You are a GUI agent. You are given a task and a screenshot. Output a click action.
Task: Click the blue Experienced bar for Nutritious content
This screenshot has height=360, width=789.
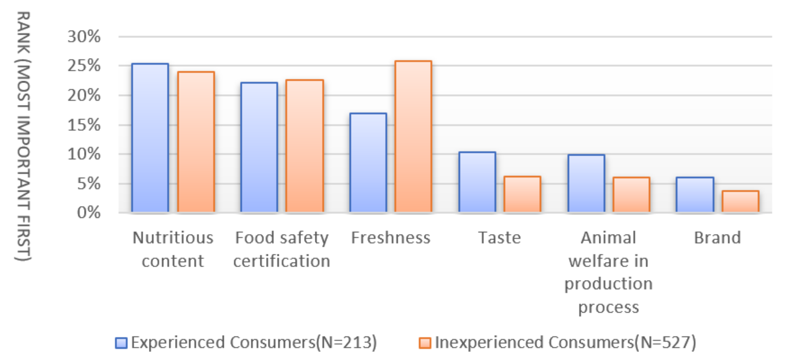click(150, 138)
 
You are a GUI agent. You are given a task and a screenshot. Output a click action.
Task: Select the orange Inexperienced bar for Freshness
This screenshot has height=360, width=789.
click(413, 136)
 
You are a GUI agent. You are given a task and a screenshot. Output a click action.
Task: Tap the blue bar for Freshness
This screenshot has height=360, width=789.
click(368, 162)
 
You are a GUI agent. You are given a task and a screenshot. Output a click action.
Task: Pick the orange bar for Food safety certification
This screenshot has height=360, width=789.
click(304, 146)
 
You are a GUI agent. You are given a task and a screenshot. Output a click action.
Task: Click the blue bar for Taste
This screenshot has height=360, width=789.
click(477, 182)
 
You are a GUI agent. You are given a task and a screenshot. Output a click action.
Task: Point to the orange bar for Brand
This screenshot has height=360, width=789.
click(740, 201)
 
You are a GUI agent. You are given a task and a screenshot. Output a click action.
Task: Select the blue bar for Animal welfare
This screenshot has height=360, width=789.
click(586, 183)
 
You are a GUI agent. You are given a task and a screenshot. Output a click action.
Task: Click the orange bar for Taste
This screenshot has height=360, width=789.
click(522, 194)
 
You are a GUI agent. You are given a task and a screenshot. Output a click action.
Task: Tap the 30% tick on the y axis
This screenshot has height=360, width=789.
click(84, 37)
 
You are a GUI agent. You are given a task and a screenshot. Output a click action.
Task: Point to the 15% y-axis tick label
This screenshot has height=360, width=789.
click(84, 125)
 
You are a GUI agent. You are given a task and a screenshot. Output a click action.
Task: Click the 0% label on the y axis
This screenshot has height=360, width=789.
click(88, 212)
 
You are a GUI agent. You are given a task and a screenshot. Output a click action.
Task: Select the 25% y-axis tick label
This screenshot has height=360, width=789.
click(84, 66)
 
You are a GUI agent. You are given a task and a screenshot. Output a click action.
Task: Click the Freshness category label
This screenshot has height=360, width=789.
click(391, 238)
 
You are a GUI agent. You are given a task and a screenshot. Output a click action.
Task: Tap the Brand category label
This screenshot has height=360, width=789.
click(717, 238)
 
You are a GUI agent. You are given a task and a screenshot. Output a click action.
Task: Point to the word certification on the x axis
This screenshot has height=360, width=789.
click(282, 261)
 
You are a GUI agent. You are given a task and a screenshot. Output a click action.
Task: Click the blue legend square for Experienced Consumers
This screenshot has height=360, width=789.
click(121, 343)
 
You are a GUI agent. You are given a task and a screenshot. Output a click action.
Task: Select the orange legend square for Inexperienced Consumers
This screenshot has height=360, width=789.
click(425, 343)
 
